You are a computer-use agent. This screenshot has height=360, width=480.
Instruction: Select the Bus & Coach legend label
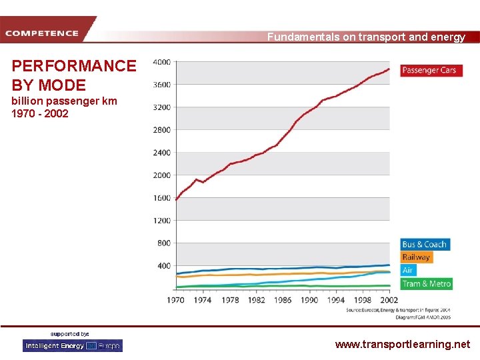click(x=425, y=245)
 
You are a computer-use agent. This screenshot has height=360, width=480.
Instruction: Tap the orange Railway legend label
click(x=416, y=257)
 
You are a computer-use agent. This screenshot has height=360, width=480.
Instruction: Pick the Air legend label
click(x=408, y=270)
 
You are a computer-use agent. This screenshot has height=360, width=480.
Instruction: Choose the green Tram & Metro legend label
click(x=427, y=283)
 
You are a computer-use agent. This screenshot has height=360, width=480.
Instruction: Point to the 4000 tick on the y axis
click(x=161, y=62)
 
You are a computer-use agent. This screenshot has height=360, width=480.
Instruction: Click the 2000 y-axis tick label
click(x=161, y=175)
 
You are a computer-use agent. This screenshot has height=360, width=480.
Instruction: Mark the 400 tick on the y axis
click(x=163, y=266)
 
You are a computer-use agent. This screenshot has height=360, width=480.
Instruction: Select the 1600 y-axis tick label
click(x=161, y=198)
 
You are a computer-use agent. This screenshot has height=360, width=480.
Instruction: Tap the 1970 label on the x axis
click(x=175, y=300)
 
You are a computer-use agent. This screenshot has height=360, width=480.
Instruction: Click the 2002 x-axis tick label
click(x=389, y=300)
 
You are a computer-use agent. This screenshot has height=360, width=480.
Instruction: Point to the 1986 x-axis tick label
click(x=283, y=300)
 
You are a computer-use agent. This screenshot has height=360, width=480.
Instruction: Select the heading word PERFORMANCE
click(x=74, y=66)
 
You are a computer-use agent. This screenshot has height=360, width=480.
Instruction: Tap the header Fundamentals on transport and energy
click(x=366, y=37)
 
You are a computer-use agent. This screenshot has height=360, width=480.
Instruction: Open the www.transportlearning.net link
click(x=402, y=345)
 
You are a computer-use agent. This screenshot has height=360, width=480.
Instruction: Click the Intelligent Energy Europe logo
click(x=73, y=345)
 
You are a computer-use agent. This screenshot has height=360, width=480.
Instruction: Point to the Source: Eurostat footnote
click(x=389, y=310)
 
